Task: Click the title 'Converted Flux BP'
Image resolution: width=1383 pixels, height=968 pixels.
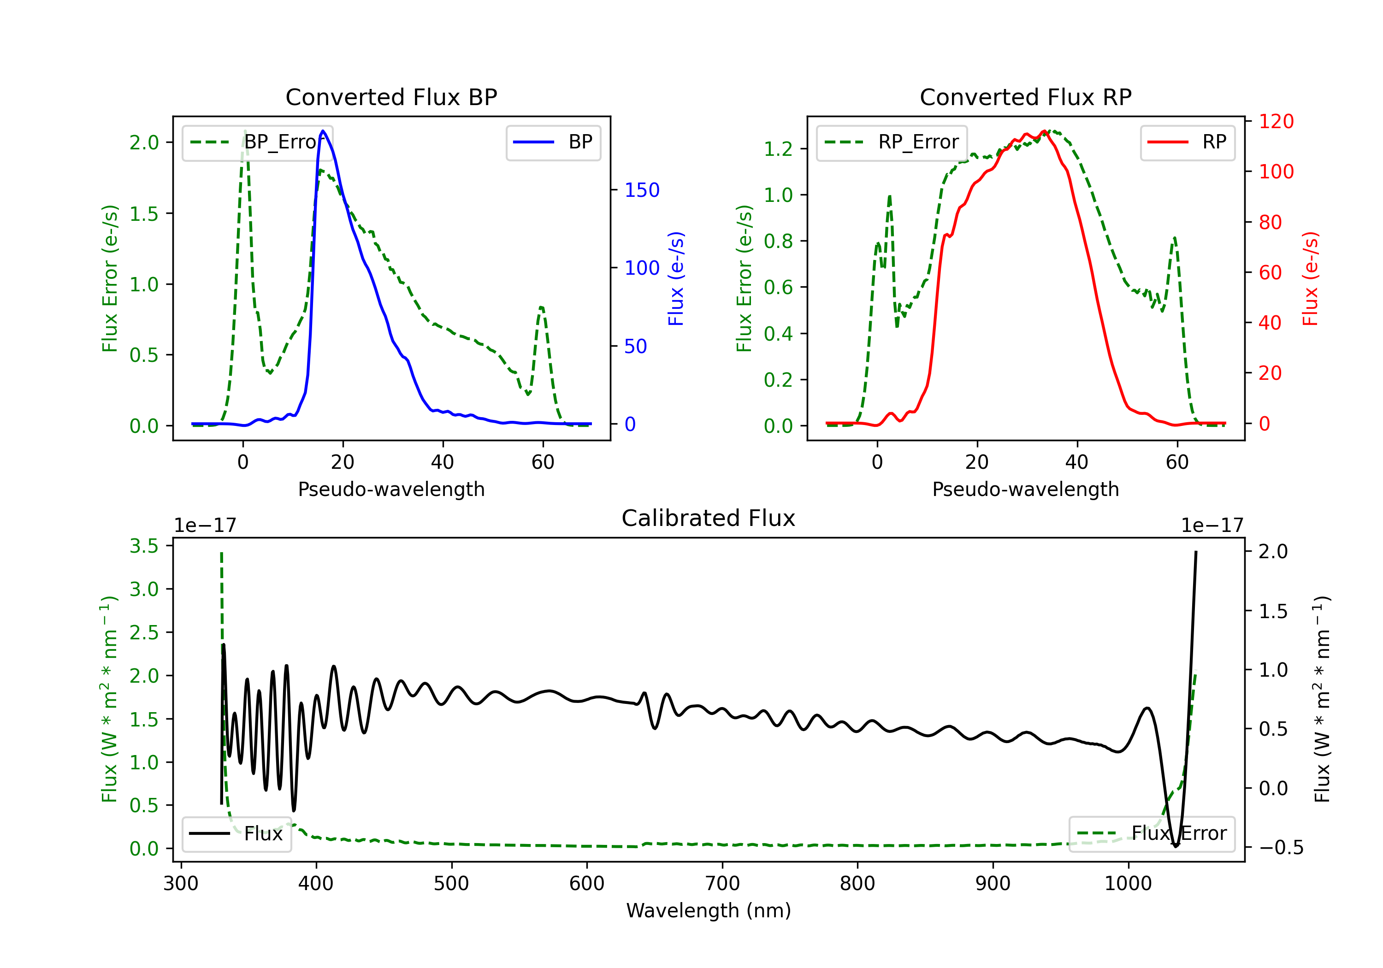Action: click(x=391, y=97)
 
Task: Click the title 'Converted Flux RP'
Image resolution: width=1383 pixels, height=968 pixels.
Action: click(x=1026, y=97)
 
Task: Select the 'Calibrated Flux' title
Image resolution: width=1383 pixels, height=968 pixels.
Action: click(x=709, y=518)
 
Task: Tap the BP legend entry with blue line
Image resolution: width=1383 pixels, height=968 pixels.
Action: click(x=553, y=142)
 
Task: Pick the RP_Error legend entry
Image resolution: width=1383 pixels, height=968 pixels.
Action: click(x=892, y=142)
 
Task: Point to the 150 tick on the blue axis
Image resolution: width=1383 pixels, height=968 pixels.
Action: click(x=642, y=190)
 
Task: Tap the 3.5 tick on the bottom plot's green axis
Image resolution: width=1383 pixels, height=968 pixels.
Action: click(x=144, y=546)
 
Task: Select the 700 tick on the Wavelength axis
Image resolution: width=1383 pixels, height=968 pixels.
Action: click(x=722, y=883)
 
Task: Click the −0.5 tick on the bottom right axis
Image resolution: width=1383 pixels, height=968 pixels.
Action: click(x=1281, y=848)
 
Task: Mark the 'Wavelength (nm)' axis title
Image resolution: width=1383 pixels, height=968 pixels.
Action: click(x=709, y=910)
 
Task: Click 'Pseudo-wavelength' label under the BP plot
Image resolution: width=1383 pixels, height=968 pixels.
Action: click(x=391, y=489)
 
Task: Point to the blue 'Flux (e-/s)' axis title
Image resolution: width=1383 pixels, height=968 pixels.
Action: click(x=676, y=278)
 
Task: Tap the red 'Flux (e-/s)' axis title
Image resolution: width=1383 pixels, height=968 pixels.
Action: click(x=1310, y=278)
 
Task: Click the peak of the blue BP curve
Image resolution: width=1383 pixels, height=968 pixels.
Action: click(x=324, y=131)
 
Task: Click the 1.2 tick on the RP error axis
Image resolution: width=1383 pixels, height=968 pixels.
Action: click(x=778, y=149)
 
